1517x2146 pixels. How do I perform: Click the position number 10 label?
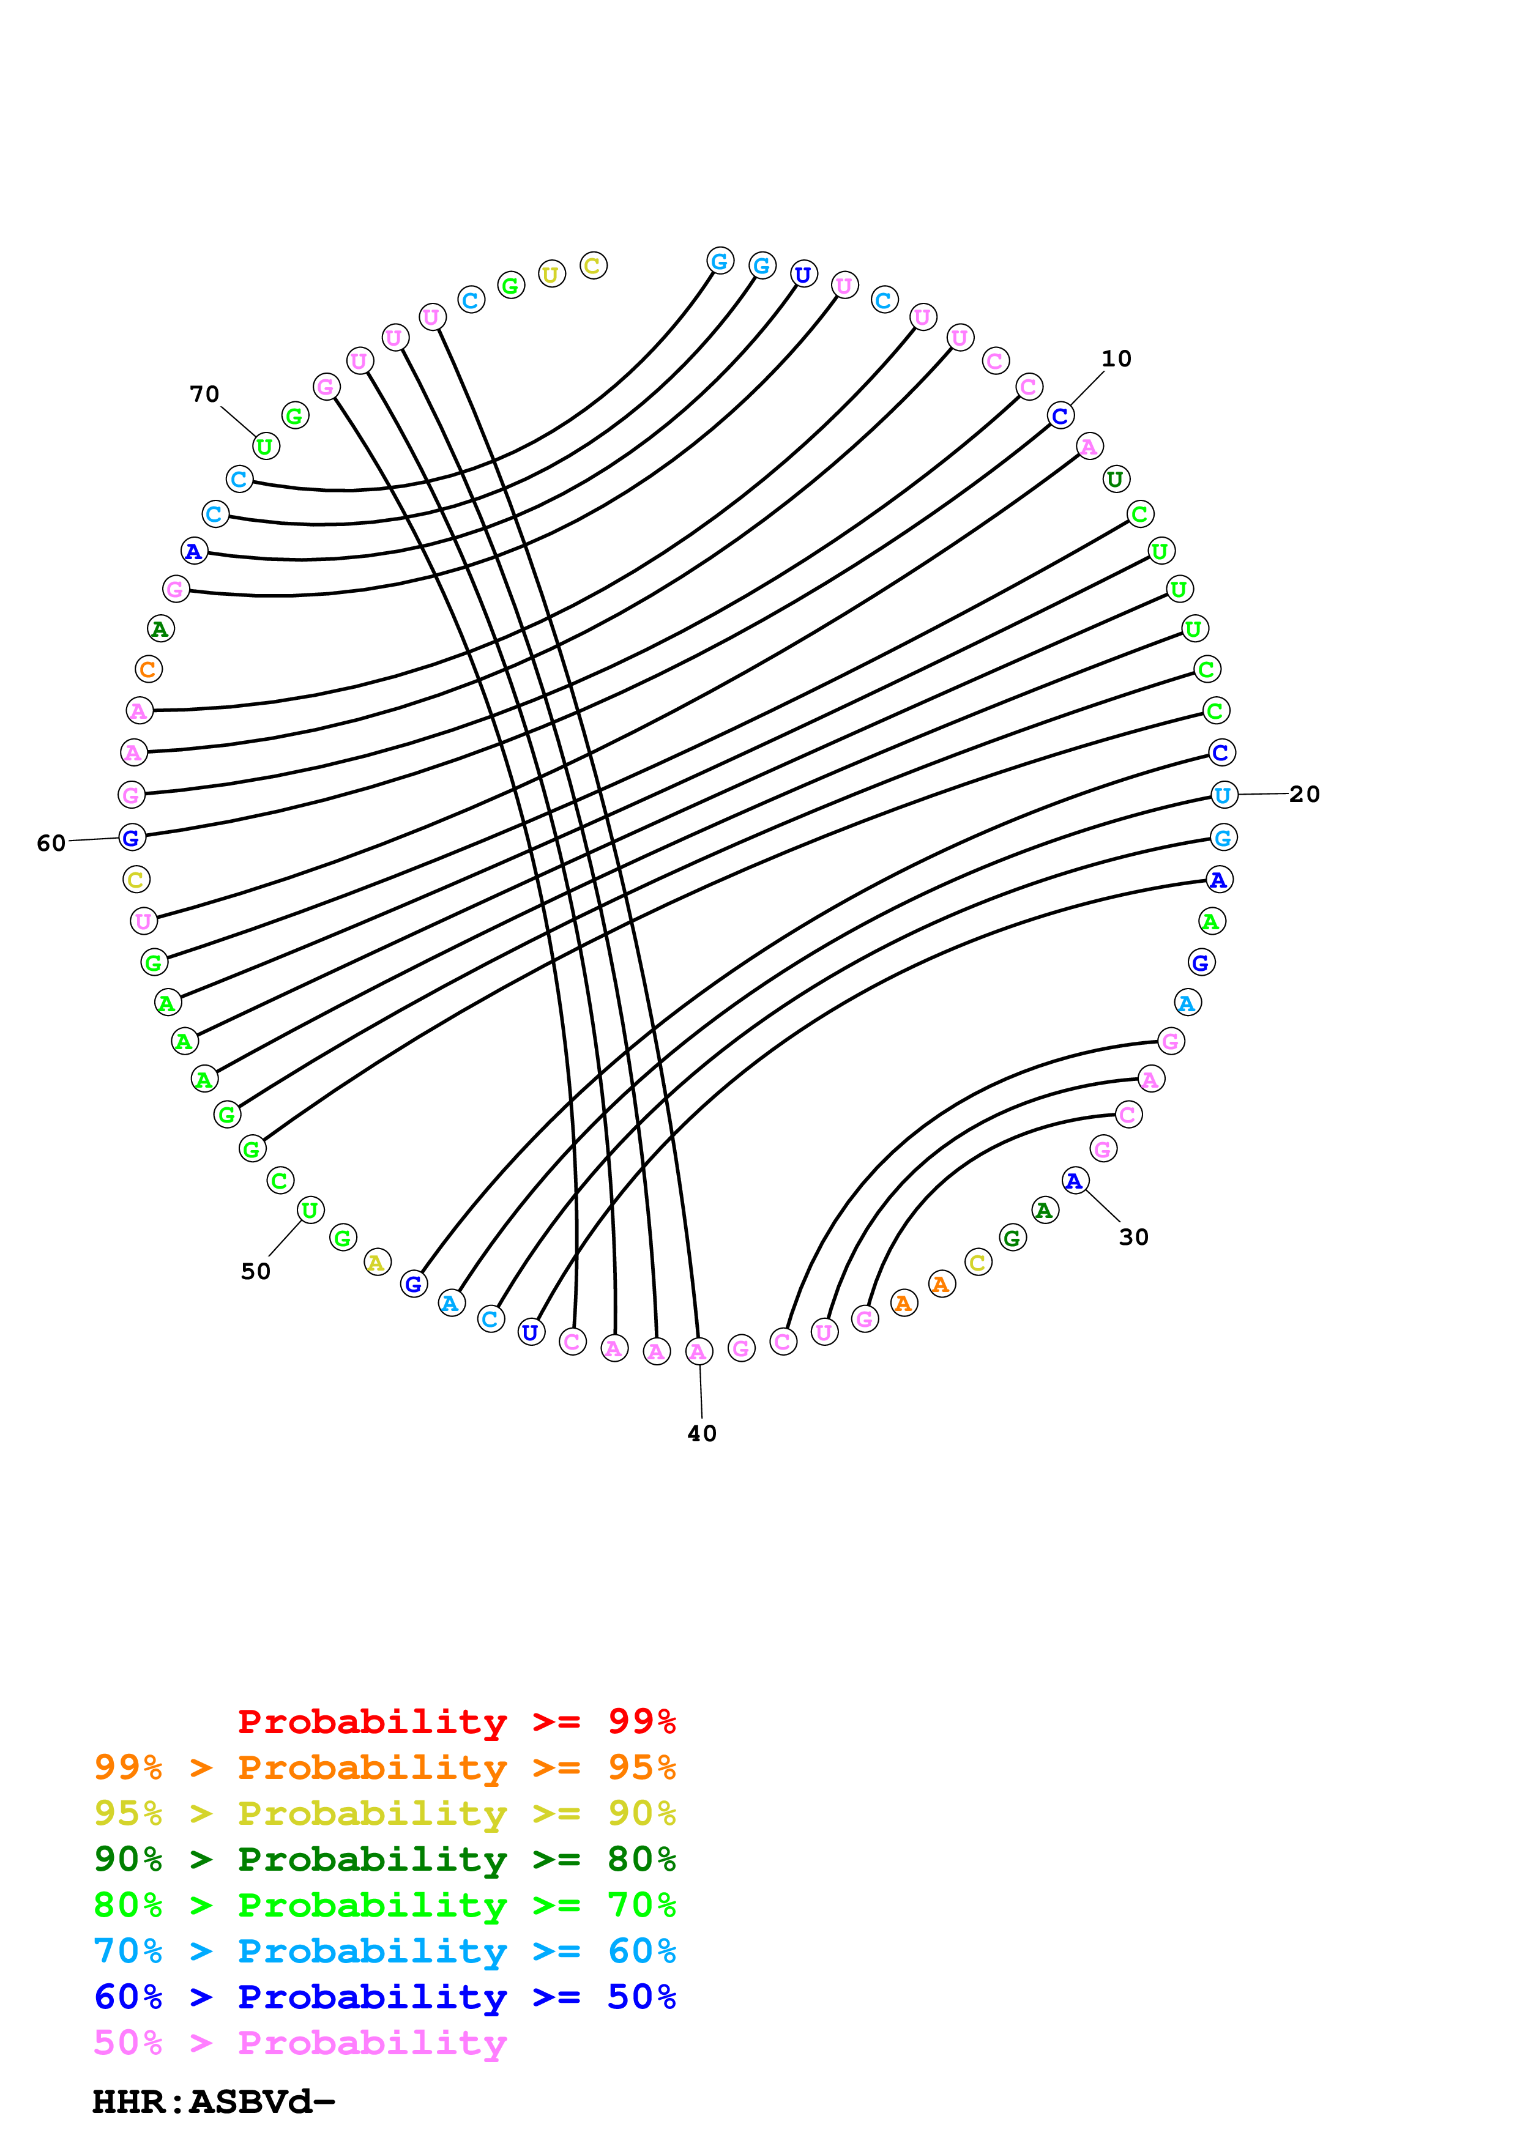(x=1116, y=359)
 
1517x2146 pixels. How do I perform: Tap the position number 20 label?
(x=1304, y=795)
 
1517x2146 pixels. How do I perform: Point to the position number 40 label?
(x=702, y=1434)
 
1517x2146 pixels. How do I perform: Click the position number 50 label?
(x=255, y=1272)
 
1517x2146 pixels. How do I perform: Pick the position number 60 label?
(x=50, y=844)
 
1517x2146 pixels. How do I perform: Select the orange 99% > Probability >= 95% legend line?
(x=384, y=1767)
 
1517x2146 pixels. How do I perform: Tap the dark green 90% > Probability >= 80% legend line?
(x=384, y=1859)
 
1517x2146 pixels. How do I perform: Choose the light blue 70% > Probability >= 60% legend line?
(x=384, y=1951)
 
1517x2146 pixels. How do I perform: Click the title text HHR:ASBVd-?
(x=213, y=2101)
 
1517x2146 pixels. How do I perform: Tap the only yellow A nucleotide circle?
(x=377, y=1263)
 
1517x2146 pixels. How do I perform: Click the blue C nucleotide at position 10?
(x=1060, y=416)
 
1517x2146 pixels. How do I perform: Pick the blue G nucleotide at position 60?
(x=132, y=837)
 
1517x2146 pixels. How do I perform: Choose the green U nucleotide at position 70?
(x=266, y=447)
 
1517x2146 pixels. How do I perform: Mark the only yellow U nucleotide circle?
(x=551, y=275)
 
